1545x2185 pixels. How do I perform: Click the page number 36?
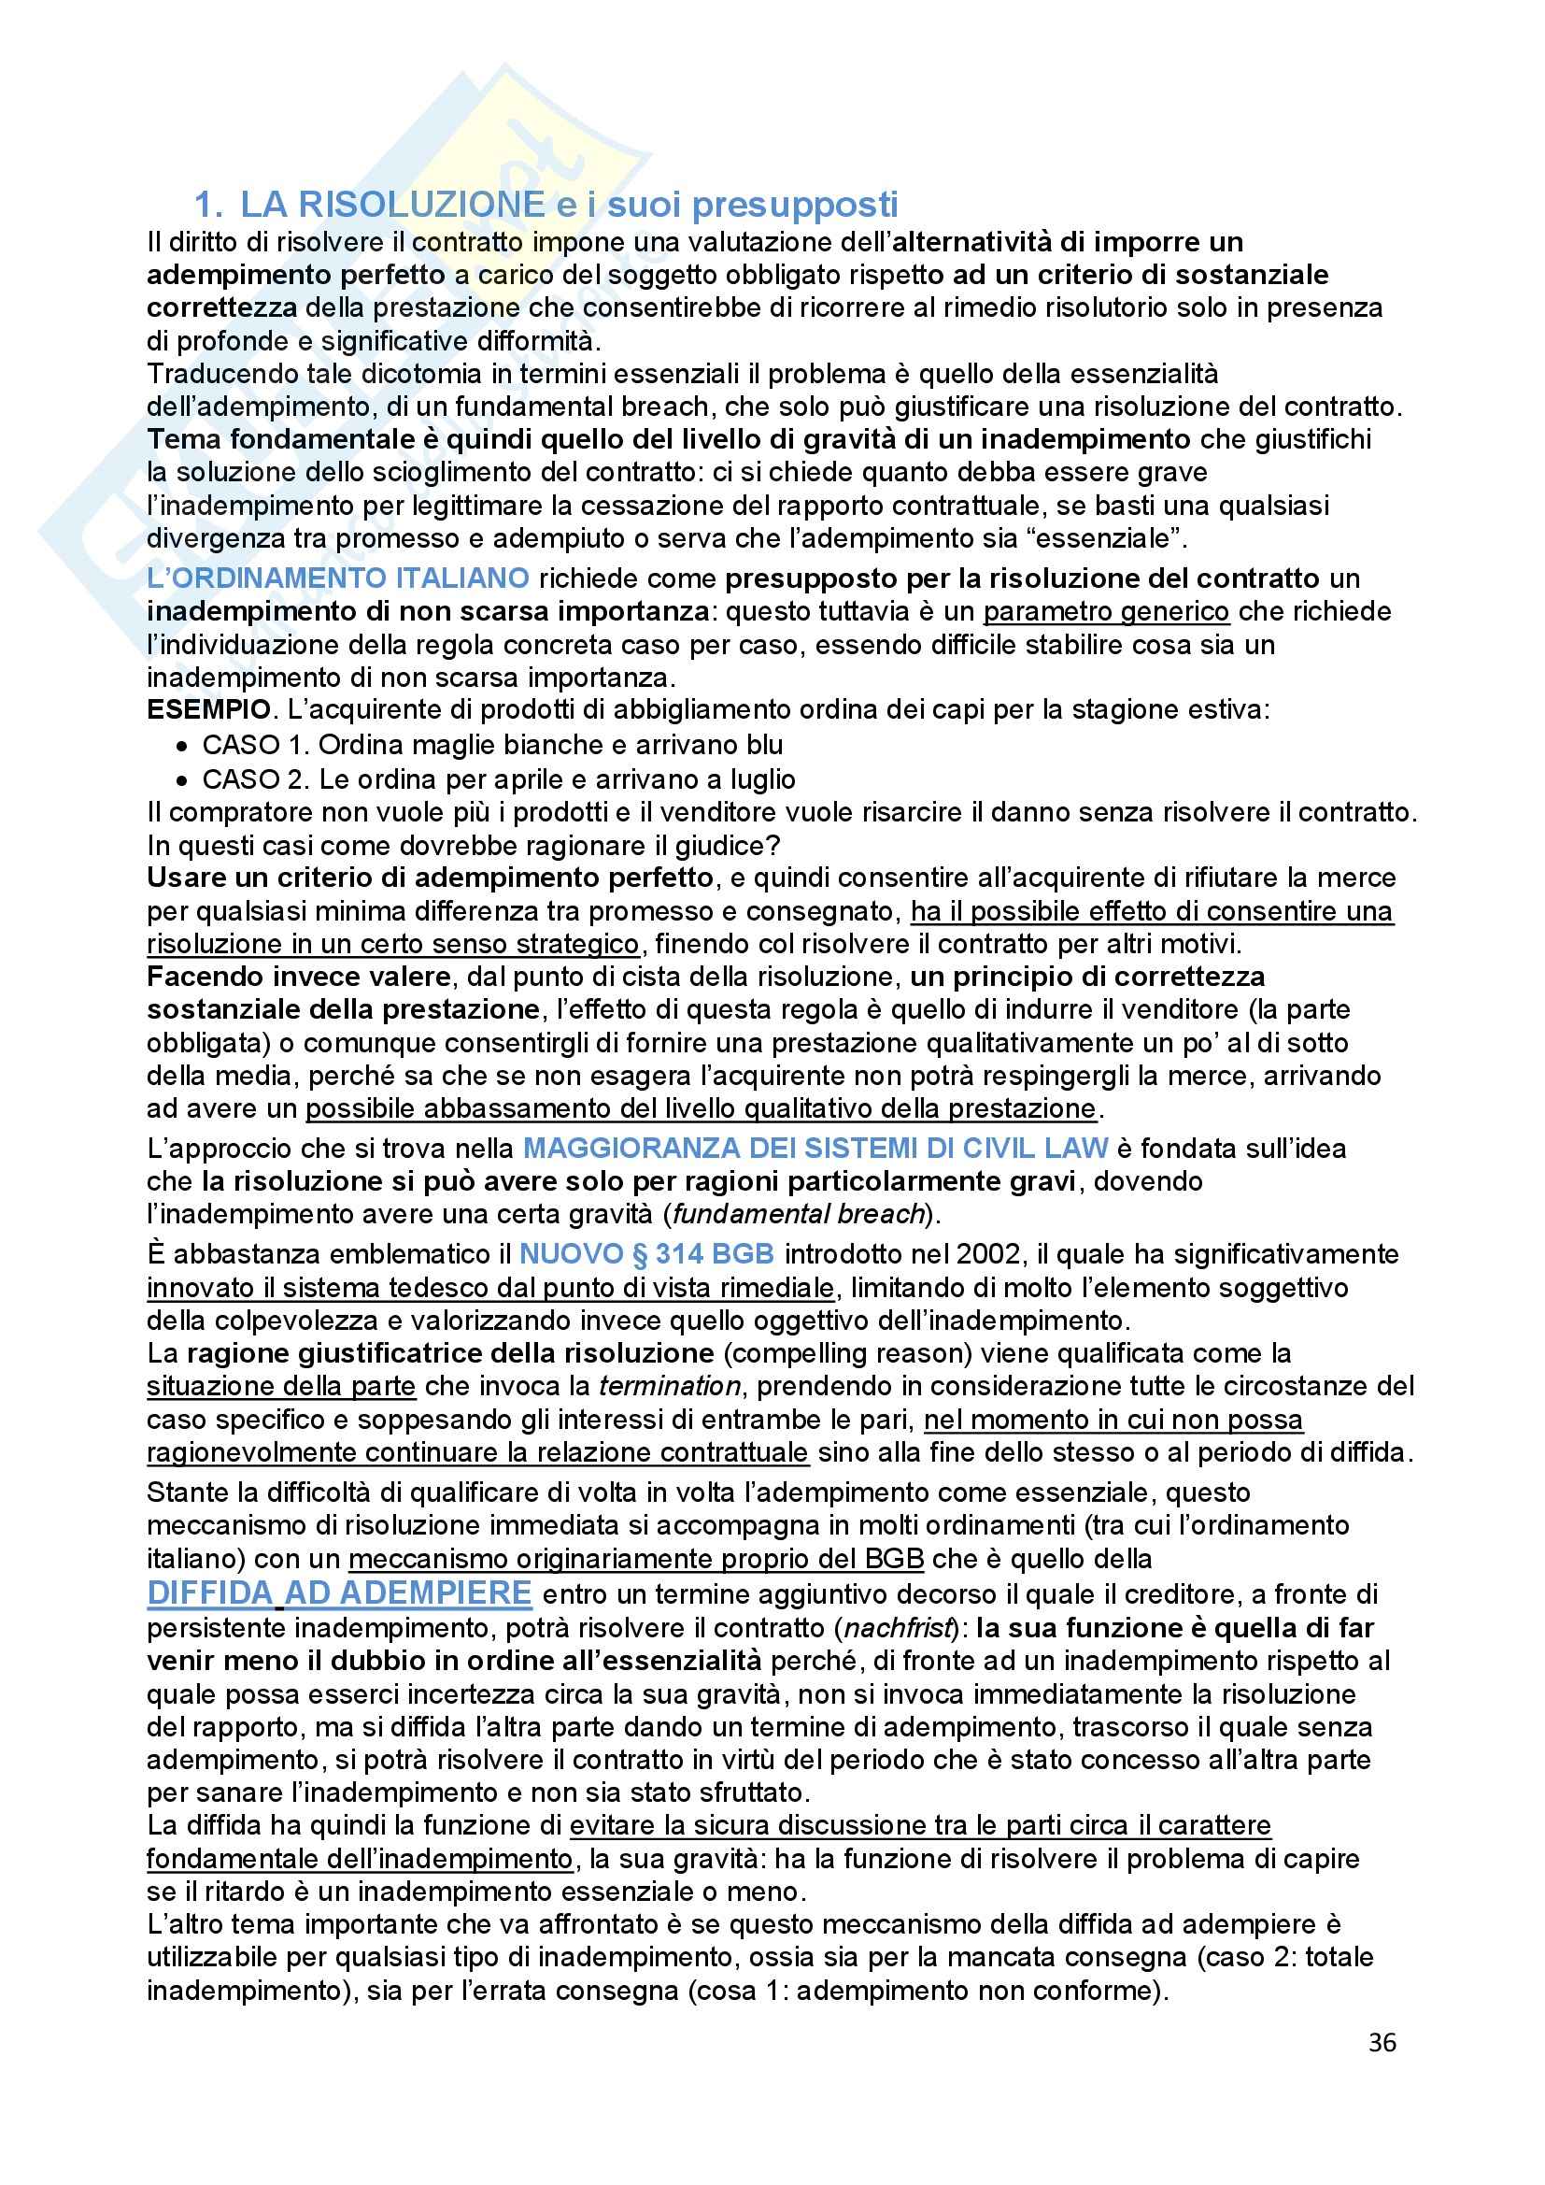1382,2042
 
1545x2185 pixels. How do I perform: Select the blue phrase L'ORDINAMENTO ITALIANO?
338,578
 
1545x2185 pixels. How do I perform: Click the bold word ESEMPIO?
207,710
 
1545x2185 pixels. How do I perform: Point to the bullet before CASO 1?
182,745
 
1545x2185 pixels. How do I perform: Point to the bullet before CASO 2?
182,780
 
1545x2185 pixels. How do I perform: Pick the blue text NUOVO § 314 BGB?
647,1254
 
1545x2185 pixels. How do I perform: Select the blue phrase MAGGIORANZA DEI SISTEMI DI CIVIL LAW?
815,1149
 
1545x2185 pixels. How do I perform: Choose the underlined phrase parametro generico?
1106,611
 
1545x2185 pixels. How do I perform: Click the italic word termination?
669,1386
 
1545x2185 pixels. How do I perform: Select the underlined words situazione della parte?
280,1386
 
